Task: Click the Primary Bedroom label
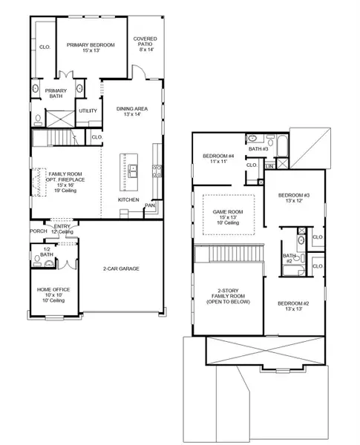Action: [91, 45]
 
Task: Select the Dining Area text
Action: [133, 109]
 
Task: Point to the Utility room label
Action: [88, 111]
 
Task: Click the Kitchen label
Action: [129, 200]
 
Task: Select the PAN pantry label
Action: [149, 205]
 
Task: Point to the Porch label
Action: [39, 231]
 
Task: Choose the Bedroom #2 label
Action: [292, 303]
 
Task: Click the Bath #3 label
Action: [258, 149]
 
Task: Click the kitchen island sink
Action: [132, 171]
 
